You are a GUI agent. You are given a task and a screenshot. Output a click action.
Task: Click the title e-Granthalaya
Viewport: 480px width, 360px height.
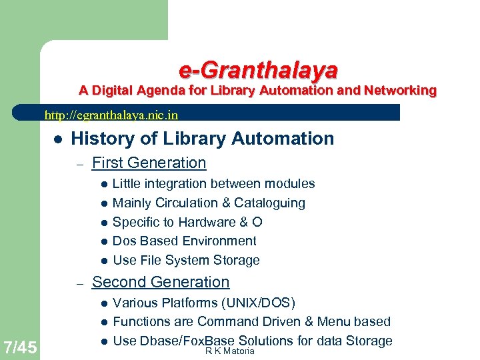click(x=258, y=69)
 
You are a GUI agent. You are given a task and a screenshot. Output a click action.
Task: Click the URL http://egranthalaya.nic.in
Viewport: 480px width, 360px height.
click(x=111, y=115)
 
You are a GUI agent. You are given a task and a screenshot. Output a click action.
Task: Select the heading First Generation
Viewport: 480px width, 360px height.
click(x=149, y=163)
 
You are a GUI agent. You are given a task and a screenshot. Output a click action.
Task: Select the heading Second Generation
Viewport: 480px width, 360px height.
click(x=160, y=282)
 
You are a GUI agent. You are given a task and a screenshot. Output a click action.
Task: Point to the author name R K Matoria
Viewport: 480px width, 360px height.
click(x=230, y=351)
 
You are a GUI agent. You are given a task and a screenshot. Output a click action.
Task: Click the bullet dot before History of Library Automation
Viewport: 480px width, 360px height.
click(x=58, y=139)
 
